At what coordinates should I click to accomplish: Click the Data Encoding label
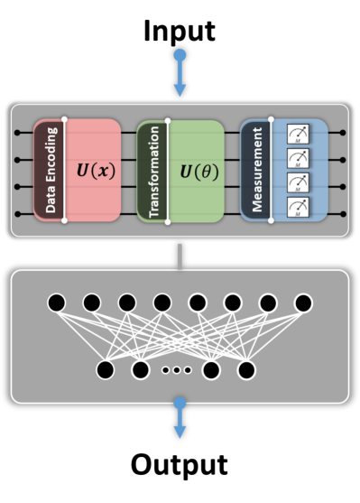(50, 170)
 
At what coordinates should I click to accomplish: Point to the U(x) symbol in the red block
(94, 171)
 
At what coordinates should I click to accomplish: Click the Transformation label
(153, 170)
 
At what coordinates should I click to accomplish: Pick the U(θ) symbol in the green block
(197, 171)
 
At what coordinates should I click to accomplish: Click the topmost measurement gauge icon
(298, 134)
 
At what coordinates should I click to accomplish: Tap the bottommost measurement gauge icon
(298, 208)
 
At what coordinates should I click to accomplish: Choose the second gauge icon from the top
(298, 158)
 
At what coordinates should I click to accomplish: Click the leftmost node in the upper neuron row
(56, 303)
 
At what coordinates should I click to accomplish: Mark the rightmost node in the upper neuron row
(303, 303)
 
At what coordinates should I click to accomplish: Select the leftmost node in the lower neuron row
(104, 370)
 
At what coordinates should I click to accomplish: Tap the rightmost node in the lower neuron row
(245, 370)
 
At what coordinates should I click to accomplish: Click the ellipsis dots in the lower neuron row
(175, 370)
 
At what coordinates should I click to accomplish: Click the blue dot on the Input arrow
(180, 56)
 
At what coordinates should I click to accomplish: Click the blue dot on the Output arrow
(180, 402)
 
